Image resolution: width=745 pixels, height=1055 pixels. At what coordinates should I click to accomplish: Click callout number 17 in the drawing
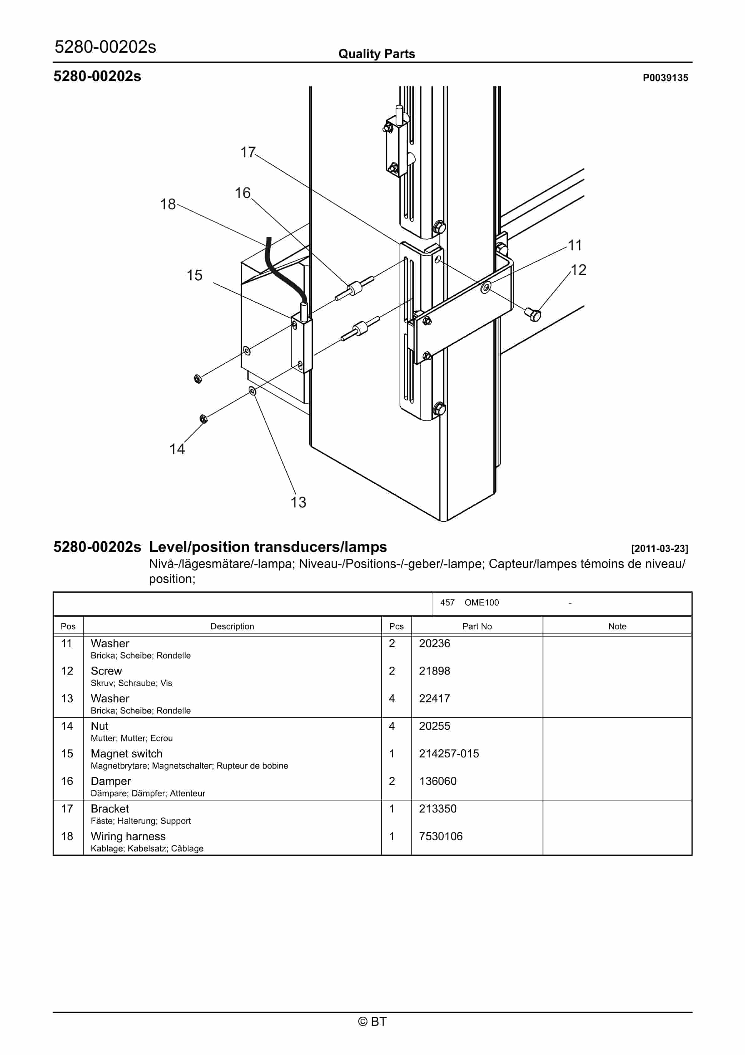tap(248, 152)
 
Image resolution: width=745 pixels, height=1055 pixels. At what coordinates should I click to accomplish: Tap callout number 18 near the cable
tap(168, 204)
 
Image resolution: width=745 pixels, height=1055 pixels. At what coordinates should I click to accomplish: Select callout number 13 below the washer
tap(298, 502)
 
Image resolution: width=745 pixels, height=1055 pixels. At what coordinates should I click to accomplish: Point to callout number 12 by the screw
tap(578, 270)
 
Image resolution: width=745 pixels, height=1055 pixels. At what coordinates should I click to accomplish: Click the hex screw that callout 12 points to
tap(534, 315)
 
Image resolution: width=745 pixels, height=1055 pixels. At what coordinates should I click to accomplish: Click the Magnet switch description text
tap(126, 754)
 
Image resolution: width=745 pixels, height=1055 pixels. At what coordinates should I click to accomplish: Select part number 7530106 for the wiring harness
tap(440, 836)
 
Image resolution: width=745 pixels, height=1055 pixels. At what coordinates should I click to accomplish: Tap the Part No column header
tap(477, 626)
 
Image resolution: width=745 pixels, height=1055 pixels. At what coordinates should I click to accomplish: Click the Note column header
tap(617, 626)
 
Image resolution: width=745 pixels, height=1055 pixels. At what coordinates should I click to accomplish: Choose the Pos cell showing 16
tap(67, 781)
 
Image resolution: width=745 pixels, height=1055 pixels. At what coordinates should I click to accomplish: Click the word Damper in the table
tap(111, 781)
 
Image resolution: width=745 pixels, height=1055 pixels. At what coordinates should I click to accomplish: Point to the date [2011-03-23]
tap(659, 548)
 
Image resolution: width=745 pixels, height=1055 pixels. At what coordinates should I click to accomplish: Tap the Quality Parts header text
tap(376, 54)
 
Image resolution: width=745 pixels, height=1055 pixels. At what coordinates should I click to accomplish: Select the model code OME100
tap(481, 602)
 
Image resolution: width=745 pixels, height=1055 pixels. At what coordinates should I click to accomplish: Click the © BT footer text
tap(372, 1021)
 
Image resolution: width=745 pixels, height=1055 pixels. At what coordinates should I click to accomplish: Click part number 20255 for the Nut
tap(434, 726)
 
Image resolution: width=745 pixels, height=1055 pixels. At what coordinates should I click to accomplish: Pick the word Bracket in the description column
tap(110, 809)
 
